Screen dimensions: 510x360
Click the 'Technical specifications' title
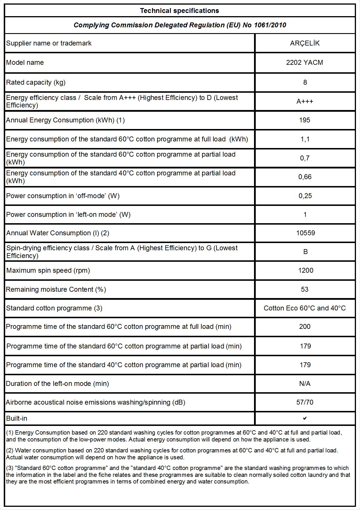coord(179,11)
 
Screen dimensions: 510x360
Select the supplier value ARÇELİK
coord(305,43)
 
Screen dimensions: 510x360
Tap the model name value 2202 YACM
coord(304,62)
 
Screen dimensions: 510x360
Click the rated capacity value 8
coord(305,82)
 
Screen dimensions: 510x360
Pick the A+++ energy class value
coord(305,101)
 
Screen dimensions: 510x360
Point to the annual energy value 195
coord(304,120)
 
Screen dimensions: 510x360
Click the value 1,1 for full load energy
coord(305,139)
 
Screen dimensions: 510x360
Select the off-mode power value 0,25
coord(305,196)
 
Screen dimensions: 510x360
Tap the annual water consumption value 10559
coord(305,233)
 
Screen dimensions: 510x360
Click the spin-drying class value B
coord(305,252)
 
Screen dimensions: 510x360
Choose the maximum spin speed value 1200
coord(306,270)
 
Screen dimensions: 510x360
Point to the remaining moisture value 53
coord(304,289)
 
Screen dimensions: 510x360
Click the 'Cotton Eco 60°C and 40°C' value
coord(304,308)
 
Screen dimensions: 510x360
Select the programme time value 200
coord(305,327)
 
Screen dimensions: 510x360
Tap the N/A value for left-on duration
coord(305,384)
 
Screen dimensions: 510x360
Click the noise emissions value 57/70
coord(305,402)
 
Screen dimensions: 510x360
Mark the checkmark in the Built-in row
coord(305,418)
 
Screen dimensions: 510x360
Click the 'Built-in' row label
coord(17,418)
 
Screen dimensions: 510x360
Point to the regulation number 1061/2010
coord(270,25)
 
